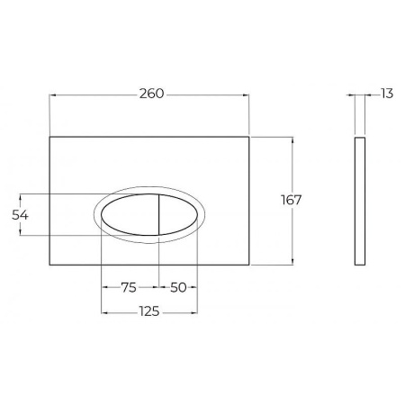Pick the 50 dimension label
point(177,288)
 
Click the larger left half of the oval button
point(130,215)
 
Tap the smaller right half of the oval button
point(176,215)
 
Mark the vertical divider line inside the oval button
point(158,215)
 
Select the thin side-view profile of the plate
point(360,201)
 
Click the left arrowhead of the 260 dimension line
point(50,96)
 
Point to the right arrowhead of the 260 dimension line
point(251,96)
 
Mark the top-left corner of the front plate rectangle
point(49,137)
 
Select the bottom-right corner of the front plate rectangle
point(254,265)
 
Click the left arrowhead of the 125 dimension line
point(103,311)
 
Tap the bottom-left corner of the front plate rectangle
point(49,265)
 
